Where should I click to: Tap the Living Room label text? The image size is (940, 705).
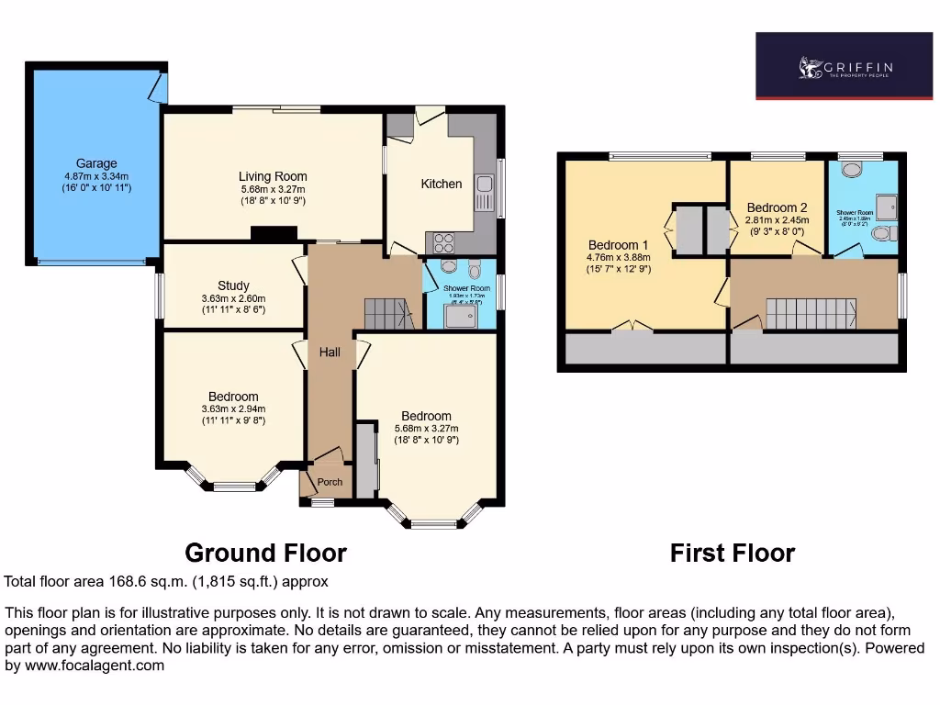[x=273, y=176]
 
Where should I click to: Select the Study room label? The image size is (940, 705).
[x=233, y=285]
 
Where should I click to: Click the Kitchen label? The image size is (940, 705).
[x=442, y=184]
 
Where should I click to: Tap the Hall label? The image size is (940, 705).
[x=330, y=352]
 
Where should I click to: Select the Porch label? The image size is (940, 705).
[x=330, y=482]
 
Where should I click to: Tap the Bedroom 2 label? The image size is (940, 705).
[x=777, y=207]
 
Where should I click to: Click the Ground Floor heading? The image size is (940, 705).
[x=265, y=553]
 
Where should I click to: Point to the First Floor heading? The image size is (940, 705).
[x=732, y=553]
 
